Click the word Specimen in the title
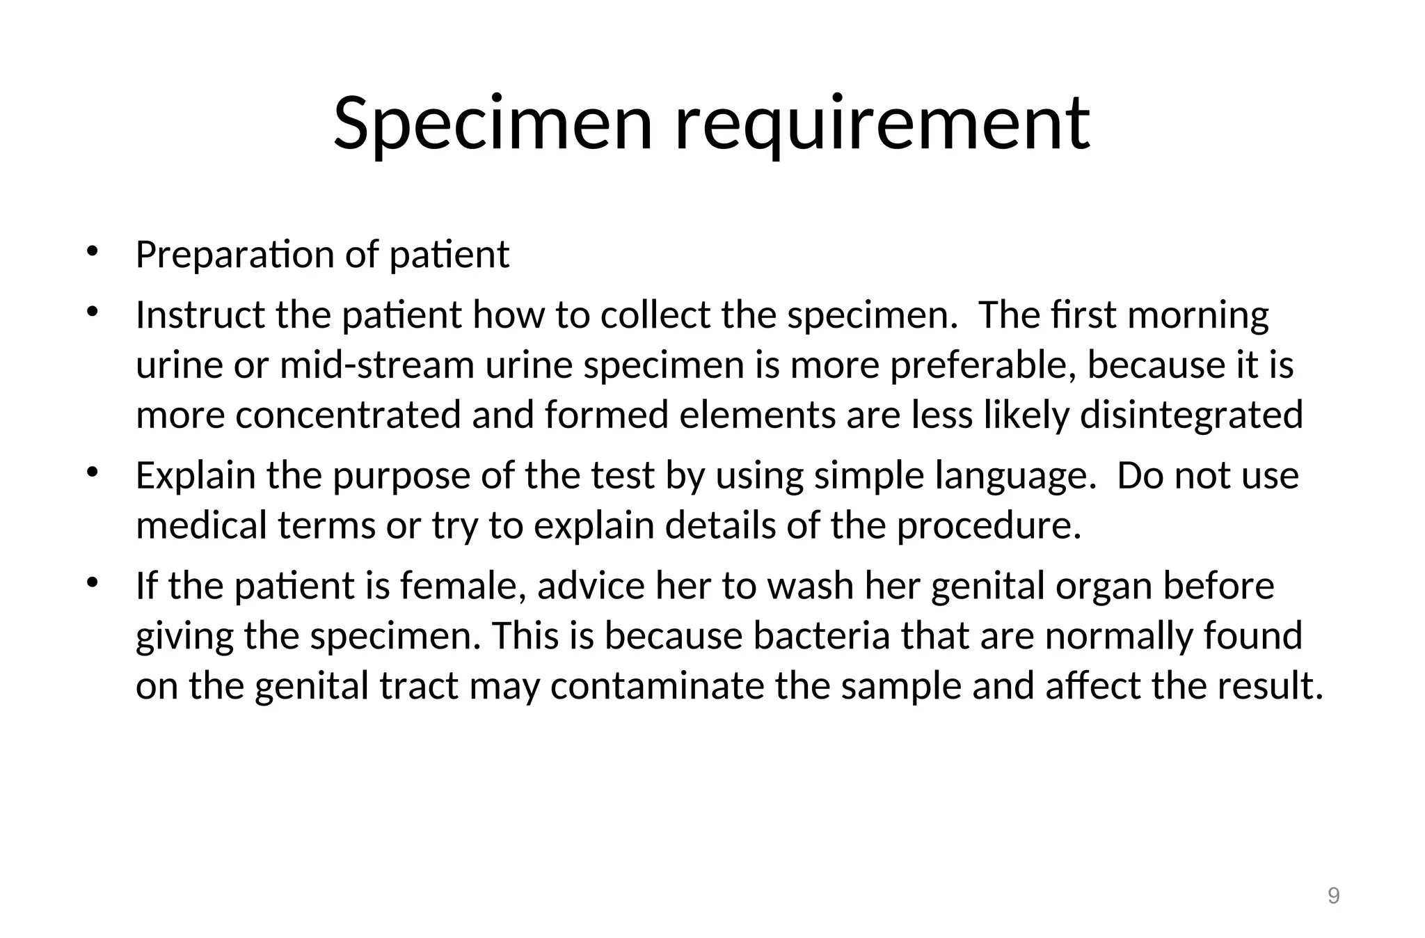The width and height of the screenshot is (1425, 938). (x=493, y=124)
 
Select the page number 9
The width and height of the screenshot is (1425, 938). (x=1333, y=896)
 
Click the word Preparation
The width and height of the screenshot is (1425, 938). (x=234, y=255)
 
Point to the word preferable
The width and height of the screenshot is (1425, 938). (x=983, y=365)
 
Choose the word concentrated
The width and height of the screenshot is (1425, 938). (x=348, y=415)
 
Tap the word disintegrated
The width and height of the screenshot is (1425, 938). (x=1191, y=415)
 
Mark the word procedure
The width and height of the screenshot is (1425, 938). (x=989, y=525)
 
